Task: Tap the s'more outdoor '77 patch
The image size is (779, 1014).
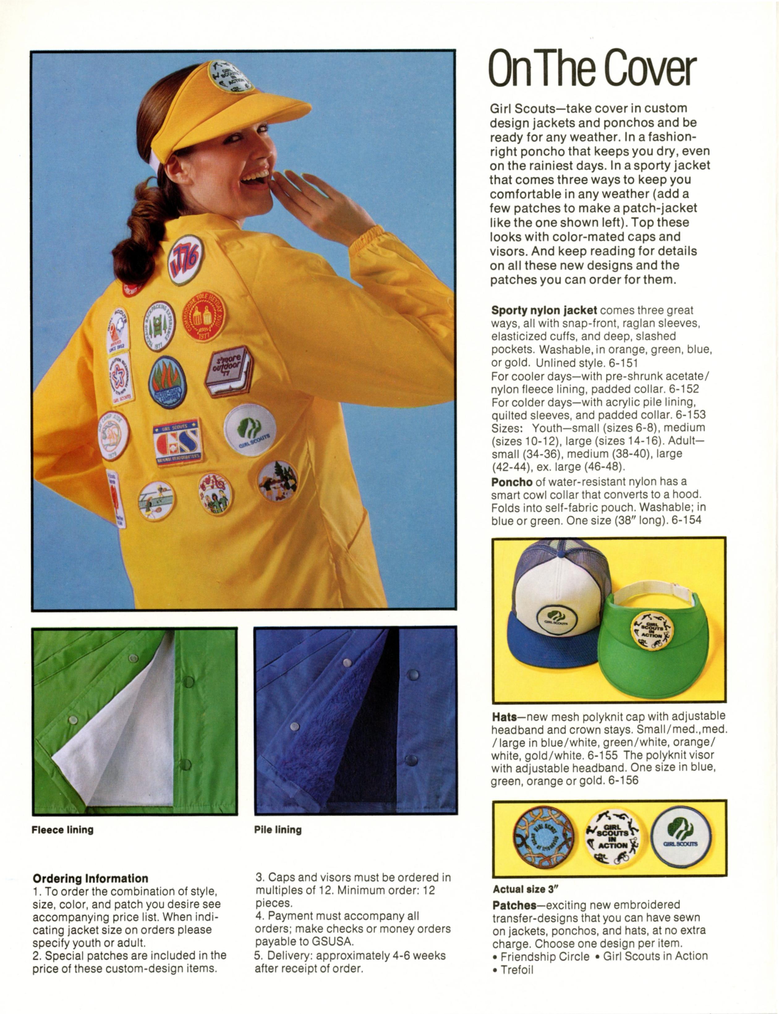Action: (229, 371)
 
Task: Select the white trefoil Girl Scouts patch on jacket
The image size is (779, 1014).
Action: (250, 429)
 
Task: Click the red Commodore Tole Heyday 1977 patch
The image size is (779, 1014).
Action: (203, 316)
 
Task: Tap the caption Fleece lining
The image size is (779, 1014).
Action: (62, 829)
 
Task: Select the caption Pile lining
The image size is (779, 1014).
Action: (278, 829)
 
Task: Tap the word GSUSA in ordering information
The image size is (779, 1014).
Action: (331, 942)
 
